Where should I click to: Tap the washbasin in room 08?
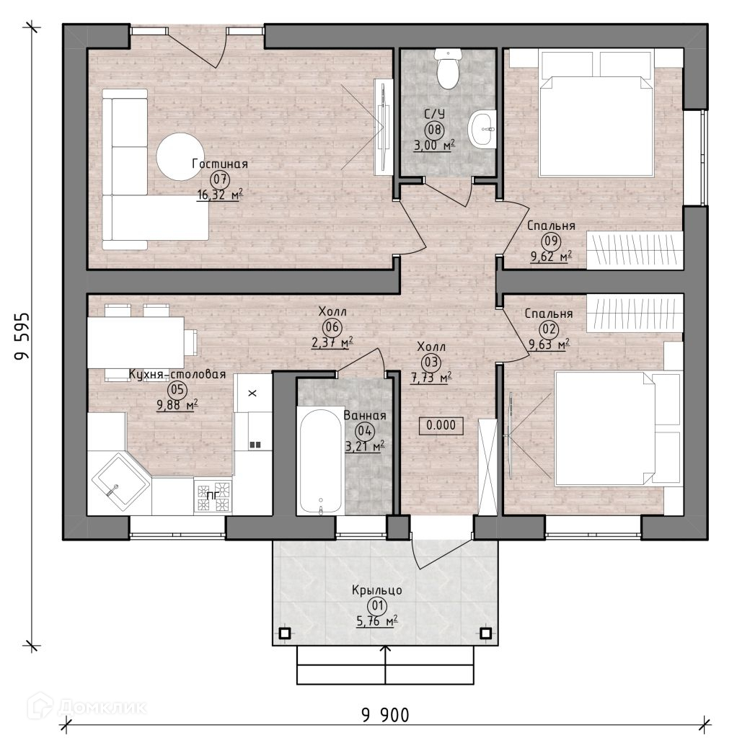482,128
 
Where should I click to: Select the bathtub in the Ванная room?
321,461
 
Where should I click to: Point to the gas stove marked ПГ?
213,496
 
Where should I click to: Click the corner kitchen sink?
120,483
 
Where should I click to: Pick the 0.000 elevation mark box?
441,425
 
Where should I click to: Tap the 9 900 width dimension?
385,716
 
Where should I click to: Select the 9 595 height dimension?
22,336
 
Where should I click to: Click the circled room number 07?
220,179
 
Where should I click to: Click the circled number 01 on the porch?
377,606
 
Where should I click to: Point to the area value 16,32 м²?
220,195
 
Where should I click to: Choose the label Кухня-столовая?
177,374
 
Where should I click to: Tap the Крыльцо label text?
376,590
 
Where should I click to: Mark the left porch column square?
285,633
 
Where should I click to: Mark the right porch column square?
486,633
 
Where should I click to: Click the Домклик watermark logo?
87,707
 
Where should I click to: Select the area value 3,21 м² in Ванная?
365,445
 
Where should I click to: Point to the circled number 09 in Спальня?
551,241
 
